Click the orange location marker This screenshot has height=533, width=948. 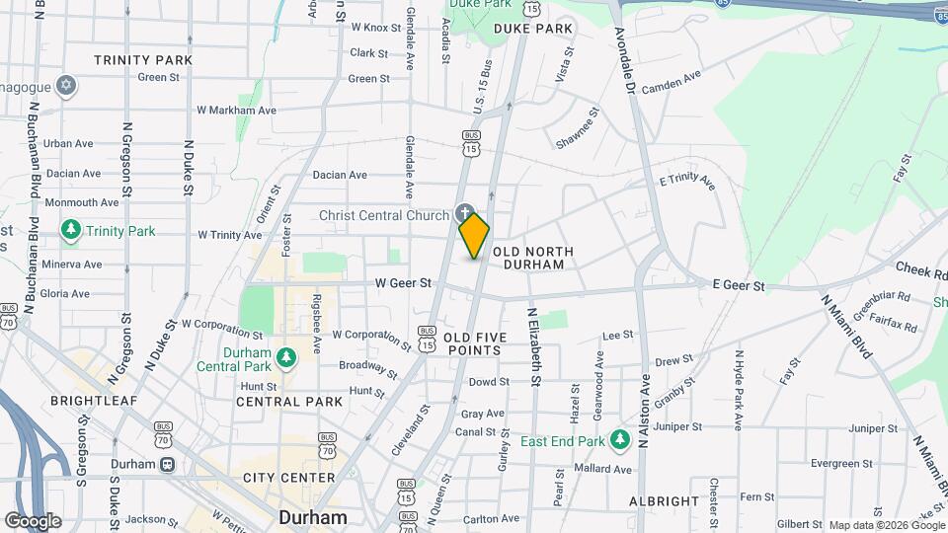[474, 235]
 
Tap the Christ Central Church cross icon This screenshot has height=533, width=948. [464, 212]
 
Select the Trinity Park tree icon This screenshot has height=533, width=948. [70, 231]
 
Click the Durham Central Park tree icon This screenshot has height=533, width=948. [286, 356]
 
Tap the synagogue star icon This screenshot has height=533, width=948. [67, 85]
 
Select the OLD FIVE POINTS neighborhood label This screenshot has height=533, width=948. [475, 343]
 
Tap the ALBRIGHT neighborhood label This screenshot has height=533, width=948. [665, 500]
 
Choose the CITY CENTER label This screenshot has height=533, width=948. [289, 478]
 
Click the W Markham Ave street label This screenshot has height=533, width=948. [237, 111]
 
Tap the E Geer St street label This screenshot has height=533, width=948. [740, 286]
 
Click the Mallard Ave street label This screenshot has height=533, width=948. [602, 469]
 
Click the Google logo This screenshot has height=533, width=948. [33, 520]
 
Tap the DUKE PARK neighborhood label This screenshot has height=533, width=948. [533, 30]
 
